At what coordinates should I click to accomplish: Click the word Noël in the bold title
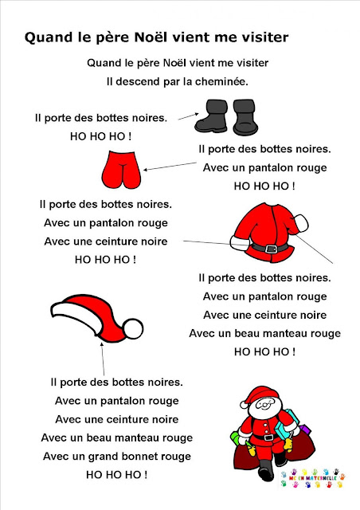[151, 37]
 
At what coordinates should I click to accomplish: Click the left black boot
[212, 116]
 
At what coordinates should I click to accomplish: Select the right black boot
[245, 117]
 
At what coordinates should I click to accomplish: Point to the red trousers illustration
[121, 170]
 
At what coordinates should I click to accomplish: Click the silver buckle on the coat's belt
[271, 249]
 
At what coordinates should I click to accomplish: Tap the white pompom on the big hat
[133, 329]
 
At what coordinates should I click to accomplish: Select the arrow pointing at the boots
[188, 116]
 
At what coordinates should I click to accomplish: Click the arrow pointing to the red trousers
[170, 167]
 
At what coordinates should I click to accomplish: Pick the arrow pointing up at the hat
[103, 359]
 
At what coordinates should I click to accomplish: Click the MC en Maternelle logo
[312, 478]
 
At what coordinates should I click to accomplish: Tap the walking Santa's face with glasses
[265, 406]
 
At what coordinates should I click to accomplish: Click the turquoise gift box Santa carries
[287, 425]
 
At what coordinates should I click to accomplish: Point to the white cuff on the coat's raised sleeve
[301, 223]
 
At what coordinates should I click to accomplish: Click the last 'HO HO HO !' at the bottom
[117, 475]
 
